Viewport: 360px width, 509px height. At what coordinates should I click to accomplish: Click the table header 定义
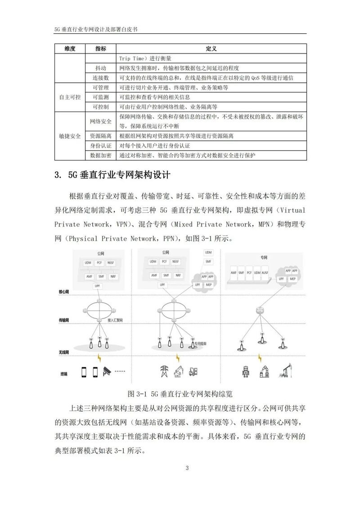point(211,49)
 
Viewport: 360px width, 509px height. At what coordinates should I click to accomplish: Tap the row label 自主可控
point(70,97)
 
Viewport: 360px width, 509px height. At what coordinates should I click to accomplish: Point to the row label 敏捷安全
point(70,136)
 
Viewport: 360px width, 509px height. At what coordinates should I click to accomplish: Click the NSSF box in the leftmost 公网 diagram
point(111,262)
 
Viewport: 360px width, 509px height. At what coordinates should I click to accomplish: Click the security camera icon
point(107,371)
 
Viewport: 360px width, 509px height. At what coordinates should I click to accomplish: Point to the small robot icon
point(245,371)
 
